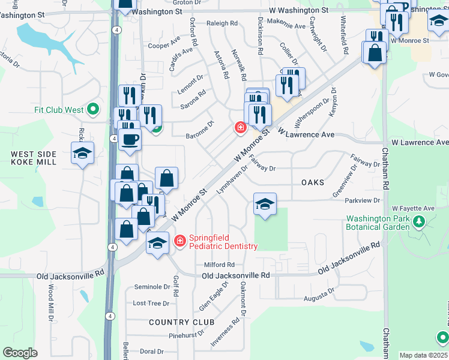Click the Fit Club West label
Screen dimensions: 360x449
pyautogui.click(x=58, y=110)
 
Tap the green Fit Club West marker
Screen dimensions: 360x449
pyautogui.click(x=92, y=109)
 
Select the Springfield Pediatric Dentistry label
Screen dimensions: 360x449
pyautogui.click(x=223, y=242)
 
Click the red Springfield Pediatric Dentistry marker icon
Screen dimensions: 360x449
pyautogui.click(x=179, y=241)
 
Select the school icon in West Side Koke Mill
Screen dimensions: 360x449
pyautogui.click(x=82, y=153)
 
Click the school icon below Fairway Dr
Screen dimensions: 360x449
pyautogui.click(x=265, y=204)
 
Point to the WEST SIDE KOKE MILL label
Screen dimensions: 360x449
pyautogui.click(x=34, y=158)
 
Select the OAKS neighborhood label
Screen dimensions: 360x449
pyautogui.click(x=312, y=182)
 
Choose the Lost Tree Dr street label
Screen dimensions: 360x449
pyautogui.click(x=151, y=304)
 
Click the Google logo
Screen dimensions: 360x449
pyautogui.click(x=20, y=353)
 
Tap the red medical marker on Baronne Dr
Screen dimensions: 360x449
pyautogui.click(x=240, y=128)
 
